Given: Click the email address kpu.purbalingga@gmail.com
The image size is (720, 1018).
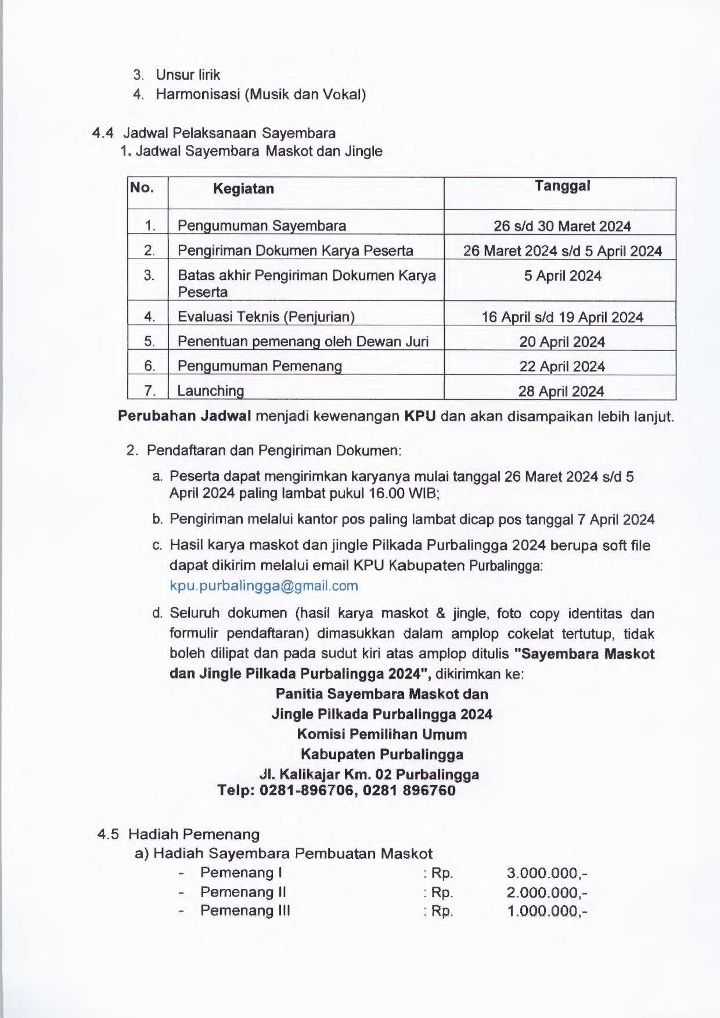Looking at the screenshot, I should pyautogui.click(x=264, y=586).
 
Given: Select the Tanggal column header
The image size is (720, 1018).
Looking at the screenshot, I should pyautogui.click(x=562, y=186).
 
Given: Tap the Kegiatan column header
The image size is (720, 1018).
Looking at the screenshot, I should pyautogui.click(x=243, y=188).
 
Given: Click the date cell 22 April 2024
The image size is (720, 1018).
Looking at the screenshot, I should pyautogui.click(x=561, y=367).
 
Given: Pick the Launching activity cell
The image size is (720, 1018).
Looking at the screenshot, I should pyautogui.click(x=211, y=390).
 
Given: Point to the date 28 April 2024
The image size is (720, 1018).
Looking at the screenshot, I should pyautogui.click(x=561, y=391).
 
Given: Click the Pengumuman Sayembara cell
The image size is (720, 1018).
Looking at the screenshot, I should pyautogui.click(x=262, y=225).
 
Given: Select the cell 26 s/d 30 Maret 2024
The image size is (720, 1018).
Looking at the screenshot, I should pyautogui.click(x=562, y=226).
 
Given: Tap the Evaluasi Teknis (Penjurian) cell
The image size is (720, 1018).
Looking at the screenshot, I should pyautogui.click(x=266, y=317).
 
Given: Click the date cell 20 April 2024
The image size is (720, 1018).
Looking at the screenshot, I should pyautogui.click(x=561, y=342).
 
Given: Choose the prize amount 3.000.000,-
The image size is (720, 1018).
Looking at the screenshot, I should pyautogui.click(x=546, y=873).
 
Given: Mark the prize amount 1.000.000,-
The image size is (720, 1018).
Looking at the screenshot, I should pyautogui.click(x=546, y=911).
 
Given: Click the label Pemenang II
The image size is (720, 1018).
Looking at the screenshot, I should pyautogui.click(x=243, y=892).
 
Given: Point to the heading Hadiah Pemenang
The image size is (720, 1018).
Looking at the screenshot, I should pyautogui.click(x=194, y=834).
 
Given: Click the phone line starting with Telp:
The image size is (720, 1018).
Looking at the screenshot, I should pyautogui.click(x=336, y=790).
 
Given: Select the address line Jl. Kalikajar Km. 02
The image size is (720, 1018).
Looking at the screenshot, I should pyautogui.click(x=369, y=775).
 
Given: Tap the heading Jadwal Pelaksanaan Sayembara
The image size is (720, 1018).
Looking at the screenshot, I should pyautogui.click(x=229, y=133).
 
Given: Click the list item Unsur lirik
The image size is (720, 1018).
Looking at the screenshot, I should pyautogui.click(x=188, y=75).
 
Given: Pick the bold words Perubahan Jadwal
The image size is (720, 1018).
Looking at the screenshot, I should pyautogui.click(x=185, y=417).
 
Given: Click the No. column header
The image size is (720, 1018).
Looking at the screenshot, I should pyautogui.click(x=142, y=188).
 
